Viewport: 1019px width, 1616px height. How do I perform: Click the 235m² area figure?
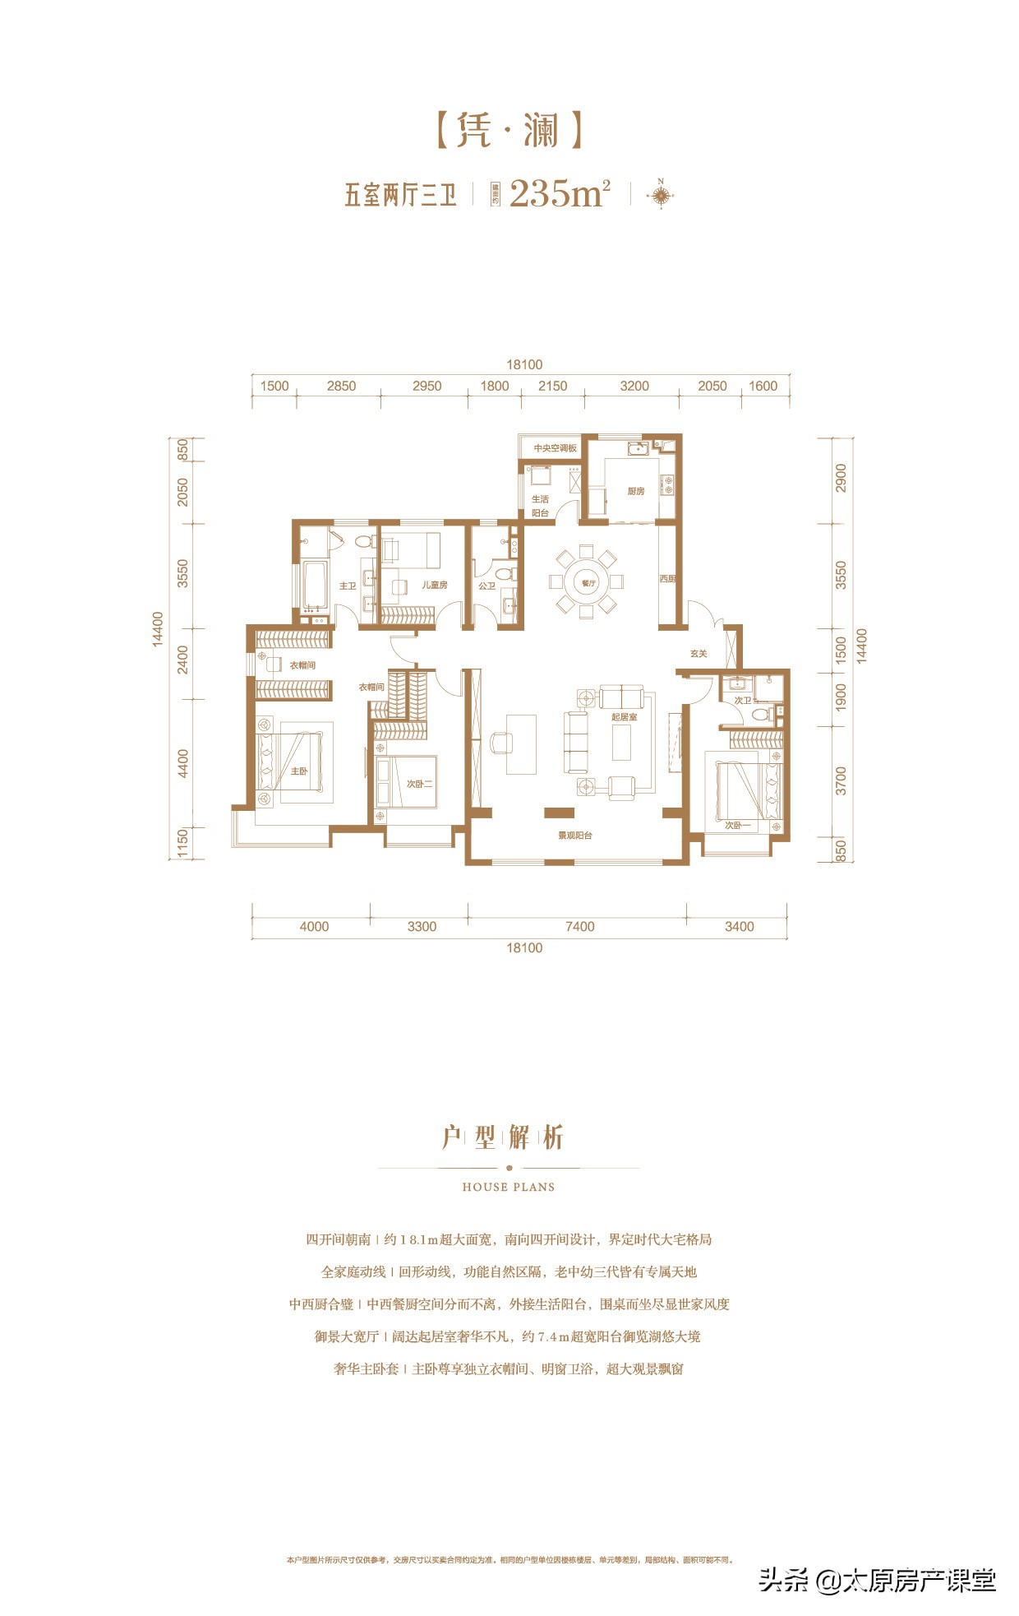[560, 193]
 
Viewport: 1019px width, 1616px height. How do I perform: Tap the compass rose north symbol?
[661, 195]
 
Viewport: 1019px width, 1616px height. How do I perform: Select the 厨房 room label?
[635, 491]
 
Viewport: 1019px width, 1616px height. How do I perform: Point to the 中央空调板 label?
[555, 448]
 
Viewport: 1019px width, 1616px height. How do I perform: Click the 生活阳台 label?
[540, 506]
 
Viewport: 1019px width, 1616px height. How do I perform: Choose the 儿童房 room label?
[434, 585]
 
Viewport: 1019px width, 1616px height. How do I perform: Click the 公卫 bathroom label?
[486, 586]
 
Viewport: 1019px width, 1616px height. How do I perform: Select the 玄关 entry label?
[699, 654]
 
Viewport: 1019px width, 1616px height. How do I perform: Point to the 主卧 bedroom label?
[298, 771]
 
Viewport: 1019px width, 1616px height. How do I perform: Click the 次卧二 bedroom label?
[419, 784]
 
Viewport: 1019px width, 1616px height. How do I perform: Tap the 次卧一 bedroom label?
[737, 825]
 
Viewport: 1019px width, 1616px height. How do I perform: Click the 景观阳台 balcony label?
[575, 836]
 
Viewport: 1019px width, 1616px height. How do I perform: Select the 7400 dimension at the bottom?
[579, 927]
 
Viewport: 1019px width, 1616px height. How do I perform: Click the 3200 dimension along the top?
[634, 386]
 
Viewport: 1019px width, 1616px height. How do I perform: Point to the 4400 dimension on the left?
[183, 763]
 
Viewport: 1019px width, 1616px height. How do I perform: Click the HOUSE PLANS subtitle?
[509, 1187]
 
